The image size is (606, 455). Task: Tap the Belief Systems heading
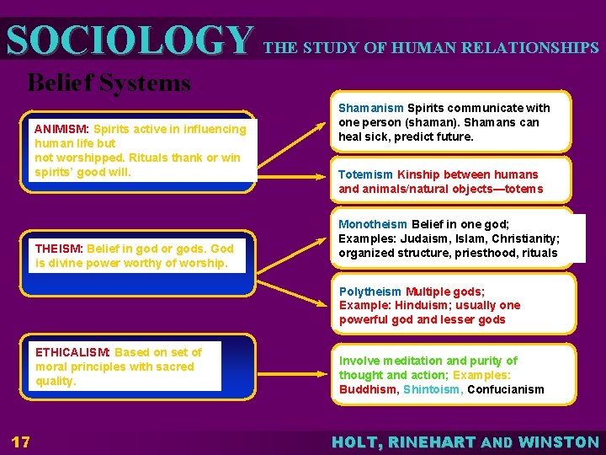pos(109,83)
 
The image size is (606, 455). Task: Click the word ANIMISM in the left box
pos(61,129)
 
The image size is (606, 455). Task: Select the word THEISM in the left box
pos(58,249)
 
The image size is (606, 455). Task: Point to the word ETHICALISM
pos(72,352)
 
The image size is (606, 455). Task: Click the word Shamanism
pos(370,108)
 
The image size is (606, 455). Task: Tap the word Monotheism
pos(373,224)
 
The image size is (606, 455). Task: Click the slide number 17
pos(21,442)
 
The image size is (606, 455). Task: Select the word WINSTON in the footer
pos(559,442)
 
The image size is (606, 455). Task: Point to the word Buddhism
pos(368,389)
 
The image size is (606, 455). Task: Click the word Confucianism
pos(505,389)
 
